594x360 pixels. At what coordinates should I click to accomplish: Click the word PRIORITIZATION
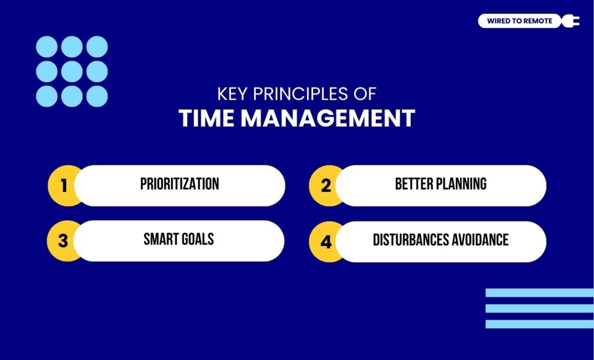click(x=179, y=184)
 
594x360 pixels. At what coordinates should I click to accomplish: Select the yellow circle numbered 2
click(x=325, y=186)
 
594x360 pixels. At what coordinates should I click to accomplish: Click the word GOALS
click(x=199, y=239)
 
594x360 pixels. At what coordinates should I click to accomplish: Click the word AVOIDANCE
click(x=482, y=239)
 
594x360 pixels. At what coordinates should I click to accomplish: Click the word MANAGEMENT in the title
click(x=327, y=118)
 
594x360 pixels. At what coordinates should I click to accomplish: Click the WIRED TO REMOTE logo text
click(x=520, y=21)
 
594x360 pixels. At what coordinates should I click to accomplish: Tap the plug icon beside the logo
click(x=572, y=21)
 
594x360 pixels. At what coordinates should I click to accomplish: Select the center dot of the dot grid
click(x=72, y=71)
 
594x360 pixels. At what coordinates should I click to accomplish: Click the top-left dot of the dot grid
click(x=46, y=46)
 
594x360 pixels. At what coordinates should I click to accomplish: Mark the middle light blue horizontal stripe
click(x=539, y=308)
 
